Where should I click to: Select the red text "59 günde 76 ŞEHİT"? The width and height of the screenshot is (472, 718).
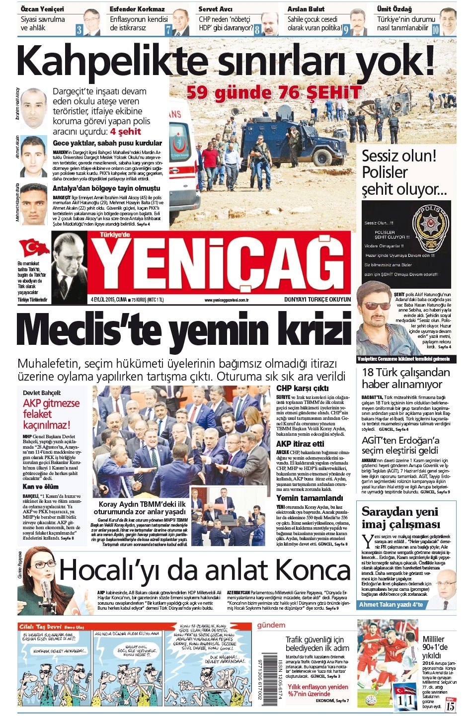click(274, 92)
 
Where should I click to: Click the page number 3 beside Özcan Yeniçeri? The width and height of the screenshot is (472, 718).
click(79, 29)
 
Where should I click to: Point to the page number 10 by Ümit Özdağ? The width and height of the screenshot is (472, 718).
click(435, 29)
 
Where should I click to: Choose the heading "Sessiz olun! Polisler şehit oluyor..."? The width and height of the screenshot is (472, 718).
click(404, 172)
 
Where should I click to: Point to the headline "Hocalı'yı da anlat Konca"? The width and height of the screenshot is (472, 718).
click(204, 570)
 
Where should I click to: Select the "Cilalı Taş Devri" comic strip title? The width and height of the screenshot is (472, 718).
click(41, 627)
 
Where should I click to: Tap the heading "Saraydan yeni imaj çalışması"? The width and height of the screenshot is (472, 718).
click(400, 518)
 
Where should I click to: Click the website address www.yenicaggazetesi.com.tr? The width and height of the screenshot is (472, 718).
click(227, 300)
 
